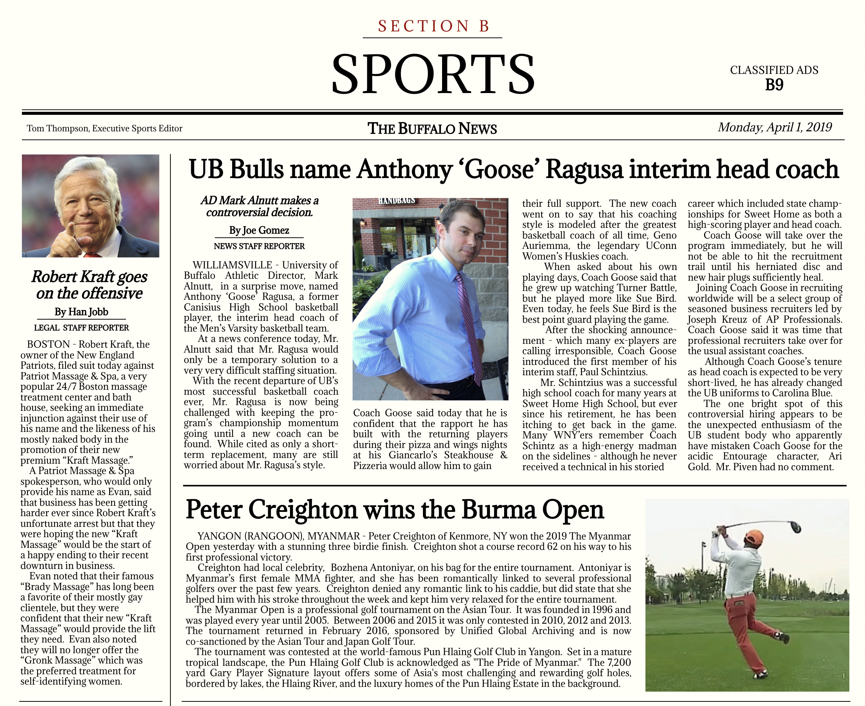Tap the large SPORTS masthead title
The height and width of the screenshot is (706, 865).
click(x=433, y=74)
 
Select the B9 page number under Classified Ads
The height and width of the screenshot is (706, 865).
click(x=774, y=85)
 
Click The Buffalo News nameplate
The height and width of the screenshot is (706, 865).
click(x=432, y=129)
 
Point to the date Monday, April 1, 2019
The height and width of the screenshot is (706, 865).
click(x=774, y=127)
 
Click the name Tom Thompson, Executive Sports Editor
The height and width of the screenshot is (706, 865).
click(x=105, y=129)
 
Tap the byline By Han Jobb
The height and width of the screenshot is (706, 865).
click(x=81, y=312)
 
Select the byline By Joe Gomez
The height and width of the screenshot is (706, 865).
click(x=259, y=230)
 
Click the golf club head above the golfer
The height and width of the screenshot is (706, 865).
click(x=794, y=526)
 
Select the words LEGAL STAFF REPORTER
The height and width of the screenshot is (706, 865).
click(x=81, y=328)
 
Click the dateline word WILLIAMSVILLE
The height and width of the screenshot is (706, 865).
click(x=232, y=265)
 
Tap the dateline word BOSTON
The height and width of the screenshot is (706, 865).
click(x=48, y=345)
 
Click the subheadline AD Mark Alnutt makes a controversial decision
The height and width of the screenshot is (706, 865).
click(x=260, y=206)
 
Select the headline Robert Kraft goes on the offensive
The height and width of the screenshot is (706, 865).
click(x=90, y=285)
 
